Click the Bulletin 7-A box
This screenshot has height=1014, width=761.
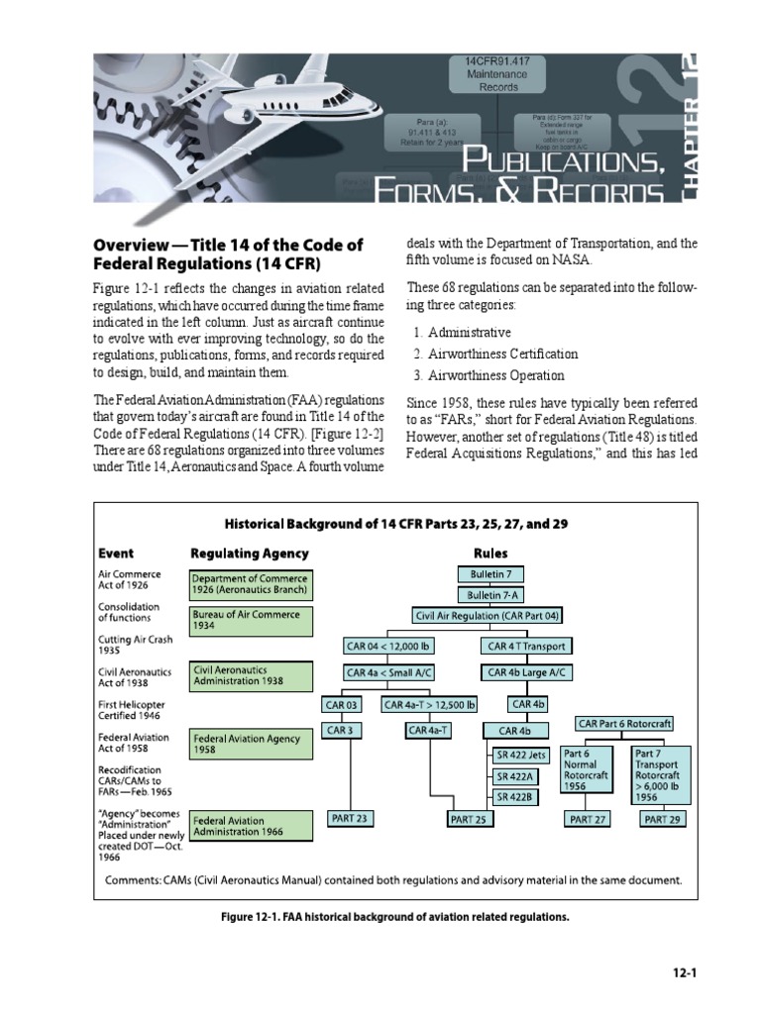490,595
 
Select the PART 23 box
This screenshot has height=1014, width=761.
348,818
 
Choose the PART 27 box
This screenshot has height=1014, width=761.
588,819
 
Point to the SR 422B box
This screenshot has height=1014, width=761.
515,796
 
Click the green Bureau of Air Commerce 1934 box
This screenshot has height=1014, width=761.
251,622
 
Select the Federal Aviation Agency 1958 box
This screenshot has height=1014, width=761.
251,744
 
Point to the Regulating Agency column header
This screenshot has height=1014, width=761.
249,554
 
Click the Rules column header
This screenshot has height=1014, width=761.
490,554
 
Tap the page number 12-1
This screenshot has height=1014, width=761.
684,972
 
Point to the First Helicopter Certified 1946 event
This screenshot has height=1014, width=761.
132,711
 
